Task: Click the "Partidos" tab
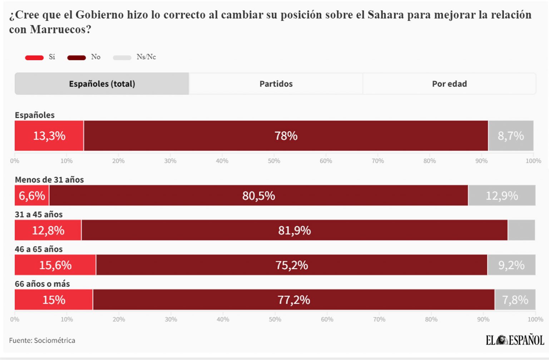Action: pos(276,84)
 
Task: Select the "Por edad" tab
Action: pos(449,84)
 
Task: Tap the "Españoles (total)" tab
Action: pos(102,84)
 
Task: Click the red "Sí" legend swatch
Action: pos(34,57)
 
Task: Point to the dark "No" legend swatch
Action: pos(76,57)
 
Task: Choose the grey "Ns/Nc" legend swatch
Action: pos(122,57)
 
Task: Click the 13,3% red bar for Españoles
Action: pos(49,136)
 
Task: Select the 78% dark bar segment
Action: pos(286,136)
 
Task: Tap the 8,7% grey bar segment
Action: pos(511,136)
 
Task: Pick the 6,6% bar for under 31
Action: pos(32,195)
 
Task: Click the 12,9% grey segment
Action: pos(502,195)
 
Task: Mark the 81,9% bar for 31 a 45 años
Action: pos(295,230)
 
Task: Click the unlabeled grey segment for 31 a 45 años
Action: pos(521,230)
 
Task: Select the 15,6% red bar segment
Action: pos(55,265)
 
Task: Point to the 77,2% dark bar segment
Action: pos(294,299)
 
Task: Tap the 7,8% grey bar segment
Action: pos(515,299)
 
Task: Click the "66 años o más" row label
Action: pos(42,284)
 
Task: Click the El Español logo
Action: pos(515,340)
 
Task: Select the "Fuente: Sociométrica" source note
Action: pos(42,340)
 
